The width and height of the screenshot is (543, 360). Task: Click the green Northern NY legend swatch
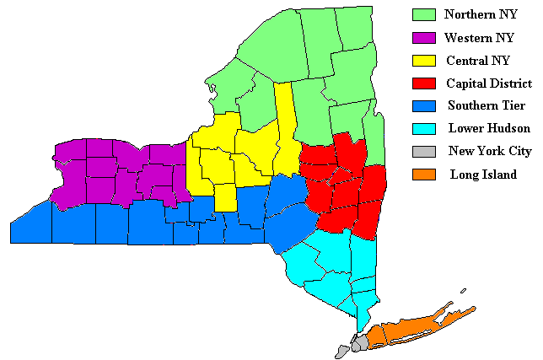pos(423,14)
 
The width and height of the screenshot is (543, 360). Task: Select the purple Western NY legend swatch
pos(423,38)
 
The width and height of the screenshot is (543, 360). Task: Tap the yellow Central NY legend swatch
pos(423,61)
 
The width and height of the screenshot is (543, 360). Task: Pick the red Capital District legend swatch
pos(423,83)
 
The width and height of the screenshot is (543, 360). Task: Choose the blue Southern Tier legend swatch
pos(423,106)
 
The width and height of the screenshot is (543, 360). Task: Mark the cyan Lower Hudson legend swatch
pos(423,129)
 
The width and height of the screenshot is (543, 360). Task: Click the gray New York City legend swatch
pos(423,152)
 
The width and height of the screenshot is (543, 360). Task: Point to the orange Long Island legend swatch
pos(423,175)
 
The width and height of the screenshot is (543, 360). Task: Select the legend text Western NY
pos(479,38)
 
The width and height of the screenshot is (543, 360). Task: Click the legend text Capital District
pos(489,83)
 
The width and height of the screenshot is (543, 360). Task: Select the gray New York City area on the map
pos(358,344)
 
